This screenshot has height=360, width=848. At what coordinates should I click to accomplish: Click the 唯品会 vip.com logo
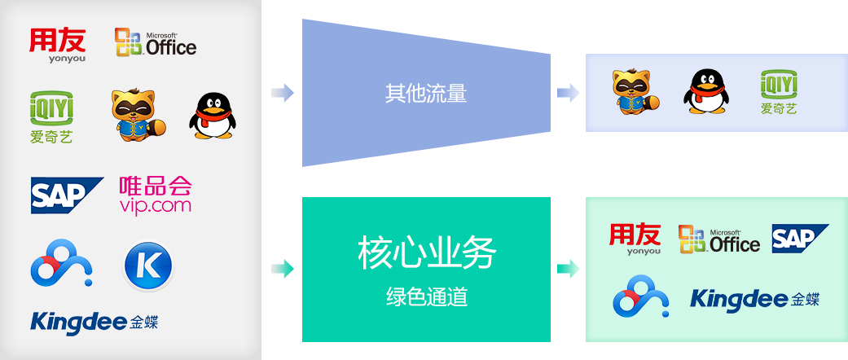click(x=155, y=194)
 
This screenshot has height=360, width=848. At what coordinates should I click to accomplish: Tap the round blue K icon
click(x=148, y=266)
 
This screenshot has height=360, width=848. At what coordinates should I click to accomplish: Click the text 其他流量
click(x=425, y=93)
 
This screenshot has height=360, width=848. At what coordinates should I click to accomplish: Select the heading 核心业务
click(x=426, y=254)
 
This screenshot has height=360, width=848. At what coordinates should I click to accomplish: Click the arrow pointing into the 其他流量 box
click(x=282, y=93)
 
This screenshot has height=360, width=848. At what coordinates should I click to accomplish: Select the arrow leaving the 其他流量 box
click(x=568, y=93)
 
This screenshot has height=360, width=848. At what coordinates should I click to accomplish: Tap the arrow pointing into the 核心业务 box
click(x=282, y=267)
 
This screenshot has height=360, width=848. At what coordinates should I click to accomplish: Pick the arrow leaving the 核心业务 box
click(x=568, y=267)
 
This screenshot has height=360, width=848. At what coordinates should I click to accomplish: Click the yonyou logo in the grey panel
click(x=57, y=45)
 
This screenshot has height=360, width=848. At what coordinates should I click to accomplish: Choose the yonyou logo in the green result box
click(x=635, y=239)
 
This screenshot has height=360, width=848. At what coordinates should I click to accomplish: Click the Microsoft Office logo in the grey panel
click(x=156, y=42)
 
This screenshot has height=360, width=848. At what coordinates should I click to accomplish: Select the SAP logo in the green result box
click(x=800, y=238)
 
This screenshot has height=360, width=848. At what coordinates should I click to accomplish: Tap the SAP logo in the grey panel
click(x=67, y=195)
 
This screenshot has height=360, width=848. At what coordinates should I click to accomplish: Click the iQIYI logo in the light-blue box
click(x=779, y=91)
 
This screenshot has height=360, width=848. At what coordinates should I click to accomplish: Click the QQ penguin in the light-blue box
click(x=705, y=90)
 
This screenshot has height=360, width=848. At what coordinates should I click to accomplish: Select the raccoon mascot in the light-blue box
click(x=635, y=91)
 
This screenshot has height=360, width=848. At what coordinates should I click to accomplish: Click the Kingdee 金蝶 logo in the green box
click(x=754, y=299)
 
